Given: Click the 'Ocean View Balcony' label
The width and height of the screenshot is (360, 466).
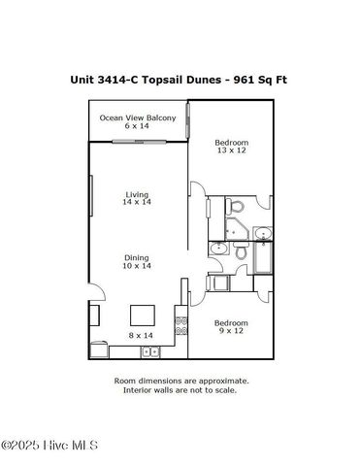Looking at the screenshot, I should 137,117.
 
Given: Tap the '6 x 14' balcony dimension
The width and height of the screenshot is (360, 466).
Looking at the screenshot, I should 137,127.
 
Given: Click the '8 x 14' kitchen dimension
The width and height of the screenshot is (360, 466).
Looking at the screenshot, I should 142,335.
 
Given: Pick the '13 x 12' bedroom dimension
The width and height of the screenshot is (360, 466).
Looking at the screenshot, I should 231,151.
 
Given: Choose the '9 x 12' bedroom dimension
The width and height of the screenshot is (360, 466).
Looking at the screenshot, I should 231,332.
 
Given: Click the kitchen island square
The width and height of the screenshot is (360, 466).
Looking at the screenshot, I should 144,315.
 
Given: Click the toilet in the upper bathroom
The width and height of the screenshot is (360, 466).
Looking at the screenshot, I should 235,206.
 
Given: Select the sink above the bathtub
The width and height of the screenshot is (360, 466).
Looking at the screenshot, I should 262,233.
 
